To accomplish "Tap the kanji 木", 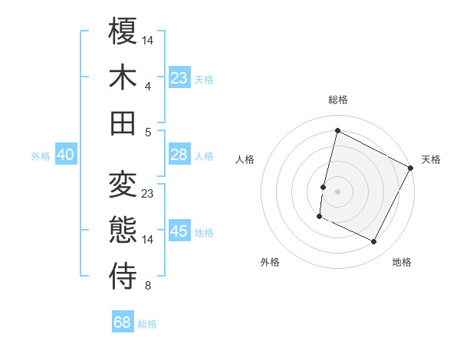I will click(x=123, y=77).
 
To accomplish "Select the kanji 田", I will click(x=123, y=123).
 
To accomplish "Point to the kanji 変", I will click(x=123, y=185).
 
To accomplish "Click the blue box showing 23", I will click(x=179, y=78).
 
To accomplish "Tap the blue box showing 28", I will click(x=179, y=155).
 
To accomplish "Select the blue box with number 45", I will click(x=179, y=232).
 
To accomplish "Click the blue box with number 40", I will click(x=65, y=155).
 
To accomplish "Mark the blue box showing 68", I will click(x=123, y=322).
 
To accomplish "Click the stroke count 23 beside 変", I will click(x=148, y=194).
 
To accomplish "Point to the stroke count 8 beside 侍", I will click(x=147, y=286).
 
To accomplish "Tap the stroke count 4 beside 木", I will click(x=147, y=87).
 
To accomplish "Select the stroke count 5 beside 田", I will click(x=147, y=132).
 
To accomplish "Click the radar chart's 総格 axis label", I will click(x=337, y=100).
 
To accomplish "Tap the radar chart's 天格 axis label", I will click(x=431, y=159).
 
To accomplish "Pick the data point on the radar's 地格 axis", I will click(x=374, y=242).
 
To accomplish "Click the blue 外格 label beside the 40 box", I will click(x=41, y=155).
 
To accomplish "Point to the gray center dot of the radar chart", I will click(x=337, y=191).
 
